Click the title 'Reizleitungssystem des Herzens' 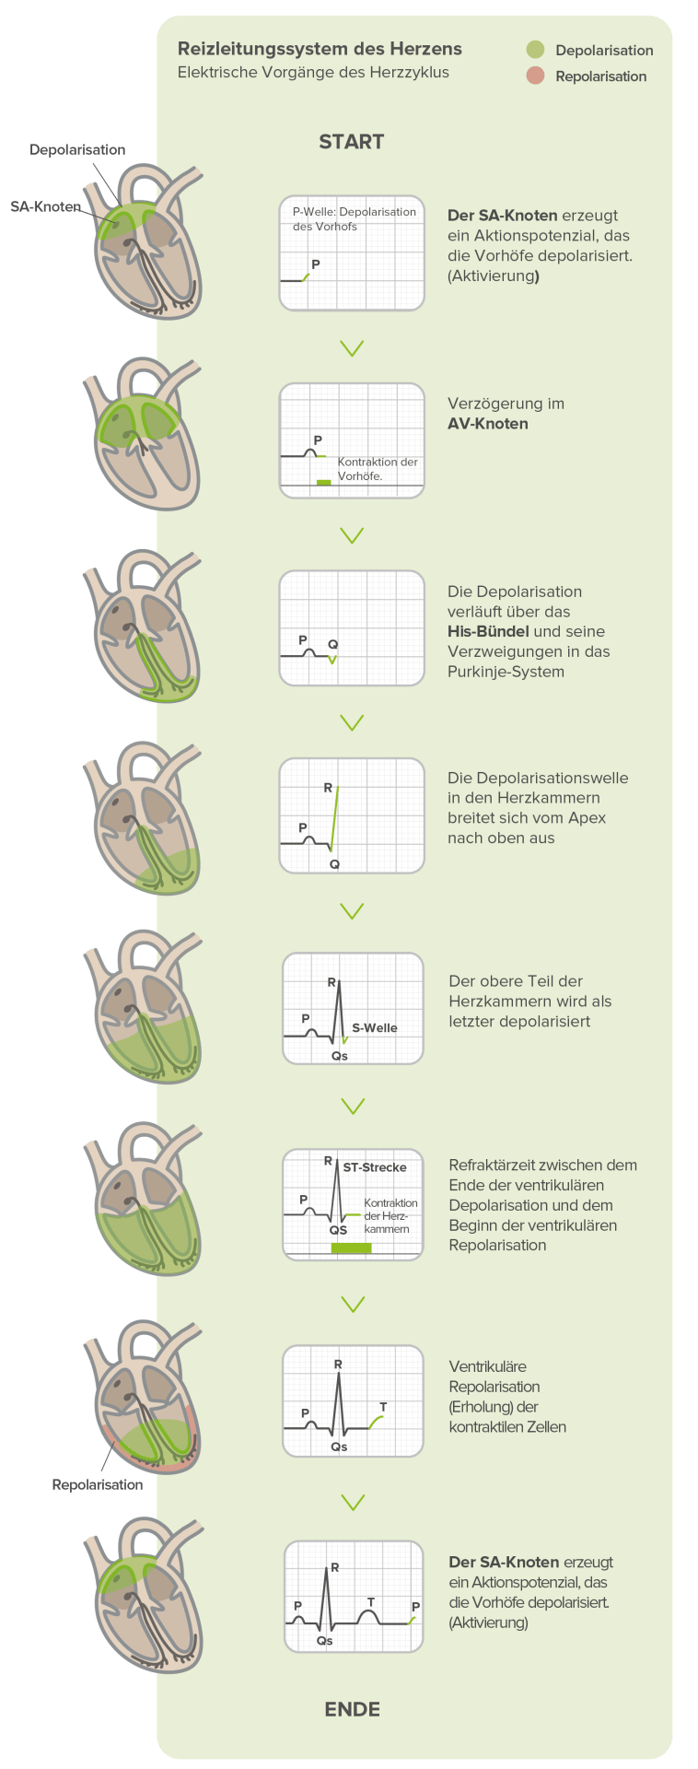(x=320, y=49)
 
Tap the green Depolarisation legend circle (x=535, y=50)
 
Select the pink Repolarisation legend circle (x=535, y=76)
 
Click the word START (x=351, y=142)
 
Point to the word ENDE (x=352, y=1709)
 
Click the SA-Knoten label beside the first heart (x=45, y=206)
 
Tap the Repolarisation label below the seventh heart (x=98, y=1485)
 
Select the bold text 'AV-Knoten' (x=487, y=424)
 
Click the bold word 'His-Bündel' (x=488, y=631)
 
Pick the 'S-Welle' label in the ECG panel (x=375, y=1027)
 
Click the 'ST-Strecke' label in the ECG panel (x=375, y=1167)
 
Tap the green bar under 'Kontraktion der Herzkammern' (x=351, y=1248)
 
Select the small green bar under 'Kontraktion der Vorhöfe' (x=323, y=482)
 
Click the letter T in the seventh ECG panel (x=383, y=1407)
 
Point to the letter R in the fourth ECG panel (x=328, y=788)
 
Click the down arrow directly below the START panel (x=352, y=348)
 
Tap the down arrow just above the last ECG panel (x=353, y=1503)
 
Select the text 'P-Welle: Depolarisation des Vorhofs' (x=354, y=218)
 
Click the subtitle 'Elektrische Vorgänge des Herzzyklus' (x=313, y=73)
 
